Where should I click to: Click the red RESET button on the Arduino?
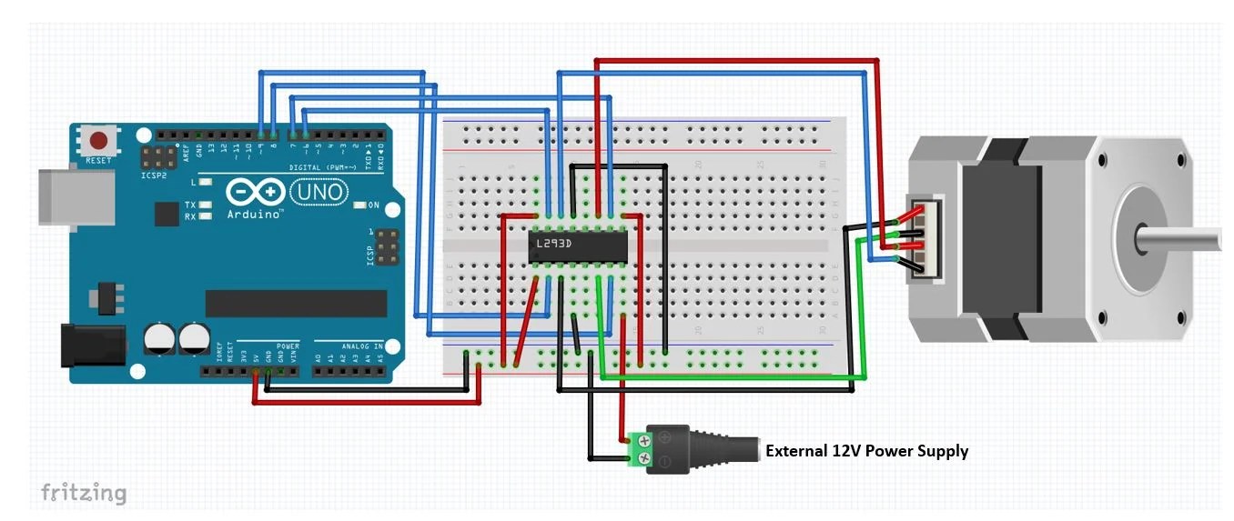[99, 141]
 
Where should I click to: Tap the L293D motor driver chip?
[578, 245]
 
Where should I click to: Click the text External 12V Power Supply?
[866, 451]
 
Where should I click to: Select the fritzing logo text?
[84, 493]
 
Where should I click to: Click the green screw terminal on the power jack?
[645, 449]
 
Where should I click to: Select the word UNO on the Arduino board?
[319, 193]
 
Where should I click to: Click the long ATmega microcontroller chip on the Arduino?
[296, 304]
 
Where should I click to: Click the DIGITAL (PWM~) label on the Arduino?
[322, 167]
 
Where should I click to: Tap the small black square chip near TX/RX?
[167, 214]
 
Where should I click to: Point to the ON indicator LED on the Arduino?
[360, 205]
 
